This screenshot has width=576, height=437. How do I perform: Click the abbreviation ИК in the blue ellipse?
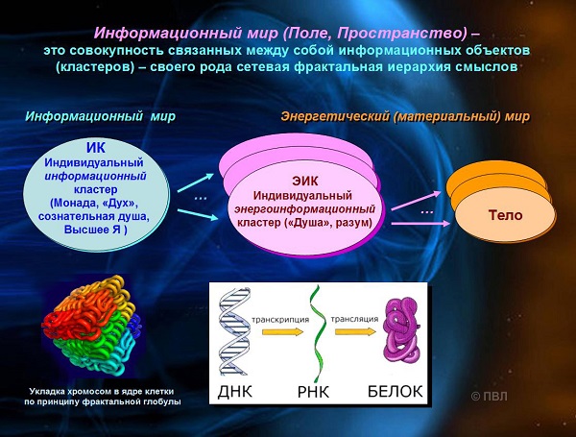pyautogui.click(x=96, y=147)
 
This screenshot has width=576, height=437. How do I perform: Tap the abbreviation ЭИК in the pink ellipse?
pyautogui.click(x=305, y=181)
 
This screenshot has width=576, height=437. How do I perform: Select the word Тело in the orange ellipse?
pyautogui.click(x=506, y=215)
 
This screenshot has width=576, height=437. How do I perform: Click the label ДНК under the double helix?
pyautogui.click(x=235, y=392)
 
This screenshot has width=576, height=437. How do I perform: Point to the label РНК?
pyautogui.click(x=313, y=392)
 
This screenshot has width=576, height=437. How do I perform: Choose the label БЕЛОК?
pyautogui.click(x=396, y=392)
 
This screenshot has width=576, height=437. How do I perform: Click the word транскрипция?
pyautogui.click(x=280, y=320)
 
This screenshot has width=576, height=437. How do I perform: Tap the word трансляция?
pyautogui.click(x=354, y=319)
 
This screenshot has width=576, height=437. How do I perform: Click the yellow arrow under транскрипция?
pyautogui.click(x=282, y=332)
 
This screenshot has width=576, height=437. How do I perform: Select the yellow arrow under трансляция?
pyautogui.click(x=355, y=331)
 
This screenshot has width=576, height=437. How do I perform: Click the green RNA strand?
pyautogui.click(x=317, y=333)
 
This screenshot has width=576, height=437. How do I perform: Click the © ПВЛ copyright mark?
pyautogui.click(x=489, y=397)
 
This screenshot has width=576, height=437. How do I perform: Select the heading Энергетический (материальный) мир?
pyautogui.click(x=405, y=116)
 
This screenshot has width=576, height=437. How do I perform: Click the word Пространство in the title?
pyautogui.click(x=401, y=34)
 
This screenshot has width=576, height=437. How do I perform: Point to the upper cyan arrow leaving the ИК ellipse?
pyautogui.click(x=196, y=182)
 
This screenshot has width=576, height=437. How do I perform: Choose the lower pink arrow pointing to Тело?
pyautogui.click(x=421, y=223)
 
